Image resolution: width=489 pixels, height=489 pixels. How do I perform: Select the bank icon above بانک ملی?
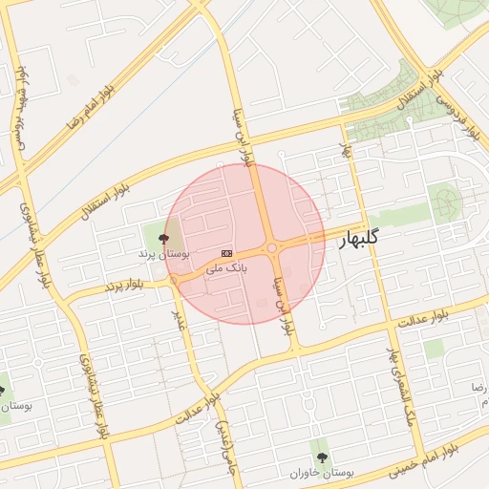click(x=226, y=253)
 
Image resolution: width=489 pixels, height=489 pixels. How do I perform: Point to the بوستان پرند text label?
click(x=163, y=255)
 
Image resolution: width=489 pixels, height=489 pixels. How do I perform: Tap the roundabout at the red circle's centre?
click(x=273, y=249)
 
